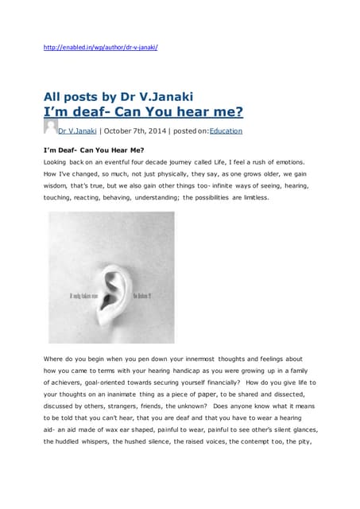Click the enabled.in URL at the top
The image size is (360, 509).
point(101,47)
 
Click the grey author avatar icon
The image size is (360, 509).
point(50,127)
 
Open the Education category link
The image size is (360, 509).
point(226,131)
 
